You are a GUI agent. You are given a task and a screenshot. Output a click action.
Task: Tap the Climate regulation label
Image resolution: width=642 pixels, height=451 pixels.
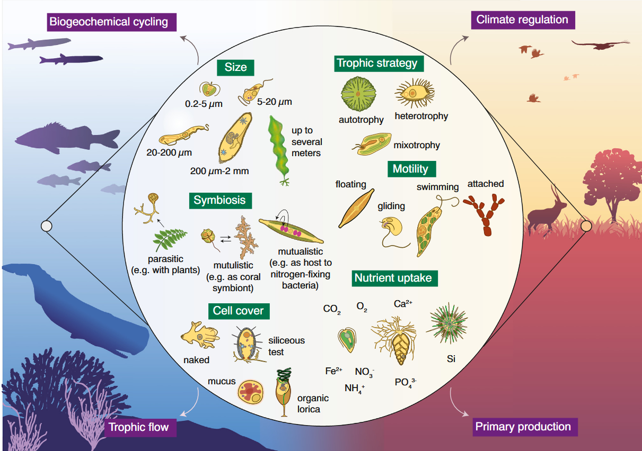(522, 20)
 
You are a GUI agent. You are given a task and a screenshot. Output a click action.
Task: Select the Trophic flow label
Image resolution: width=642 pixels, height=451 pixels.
(139, 427)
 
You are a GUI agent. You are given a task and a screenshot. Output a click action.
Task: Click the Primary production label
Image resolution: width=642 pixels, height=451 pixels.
(523, 427)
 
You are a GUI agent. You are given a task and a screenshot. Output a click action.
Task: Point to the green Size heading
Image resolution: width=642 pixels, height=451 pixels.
(235, 67)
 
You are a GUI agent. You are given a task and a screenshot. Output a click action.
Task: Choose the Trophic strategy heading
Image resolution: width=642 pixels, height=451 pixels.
(377, 64)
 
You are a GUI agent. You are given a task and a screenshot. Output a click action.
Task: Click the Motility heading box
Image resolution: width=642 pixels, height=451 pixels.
(410, 169)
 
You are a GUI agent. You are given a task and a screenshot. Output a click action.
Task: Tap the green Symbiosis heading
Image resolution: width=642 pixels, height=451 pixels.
(219, 200)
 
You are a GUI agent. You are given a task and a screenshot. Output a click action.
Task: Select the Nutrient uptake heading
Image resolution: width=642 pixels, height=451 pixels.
(393, 278)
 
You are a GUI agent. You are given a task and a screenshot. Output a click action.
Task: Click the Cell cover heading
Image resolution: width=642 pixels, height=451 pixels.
(238, 311)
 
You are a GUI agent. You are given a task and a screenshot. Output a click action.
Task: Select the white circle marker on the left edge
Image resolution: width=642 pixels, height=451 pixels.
(47, 227)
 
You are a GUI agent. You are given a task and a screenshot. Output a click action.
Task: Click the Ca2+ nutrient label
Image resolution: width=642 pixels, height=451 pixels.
(402, 304)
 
